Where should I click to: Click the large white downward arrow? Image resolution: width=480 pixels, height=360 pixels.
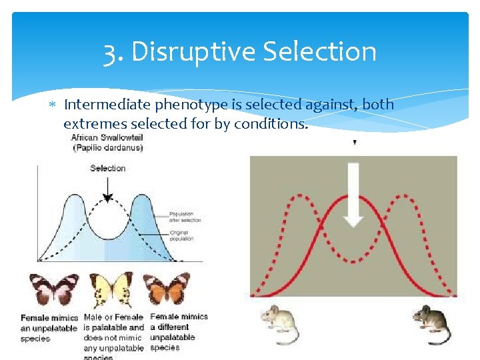tap(354, 194)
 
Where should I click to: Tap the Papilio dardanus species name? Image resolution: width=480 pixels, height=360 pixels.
tap(107, 148)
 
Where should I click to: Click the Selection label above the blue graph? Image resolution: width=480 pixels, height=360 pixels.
tap(107, 168)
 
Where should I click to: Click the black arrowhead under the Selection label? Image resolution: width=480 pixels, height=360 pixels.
tap(107, 198)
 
